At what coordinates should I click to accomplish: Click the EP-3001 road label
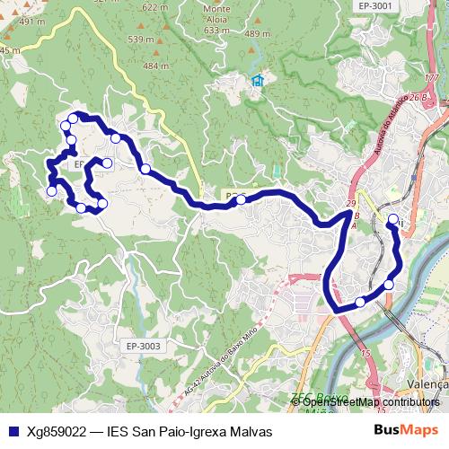point(375,6)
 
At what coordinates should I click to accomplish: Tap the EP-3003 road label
point(143,346)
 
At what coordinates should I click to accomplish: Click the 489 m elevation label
point(257,34)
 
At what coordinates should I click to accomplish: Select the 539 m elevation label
point(141,40)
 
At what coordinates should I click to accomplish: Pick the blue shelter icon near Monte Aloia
point(258,81)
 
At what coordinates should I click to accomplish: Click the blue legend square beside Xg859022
point(13,431)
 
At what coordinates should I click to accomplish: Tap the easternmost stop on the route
point(392,219)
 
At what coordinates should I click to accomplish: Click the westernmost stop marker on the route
point(51,190)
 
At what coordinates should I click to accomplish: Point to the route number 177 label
point(433,79)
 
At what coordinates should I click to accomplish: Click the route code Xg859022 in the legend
point(58,431)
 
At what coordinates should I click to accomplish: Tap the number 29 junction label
point(350,205)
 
